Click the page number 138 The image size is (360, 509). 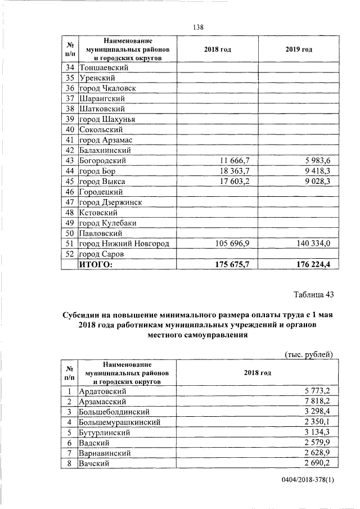(x=197, y=27)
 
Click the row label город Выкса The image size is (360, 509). (x=102, y=182)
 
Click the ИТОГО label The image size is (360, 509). (x=96, y=264)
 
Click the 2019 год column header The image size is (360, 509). (x=299, y=49)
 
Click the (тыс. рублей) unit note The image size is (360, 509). (x=309, y=354)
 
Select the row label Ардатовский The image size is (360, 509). (x=103, y=391)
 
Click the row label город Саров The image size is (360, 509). (x=101, y=254)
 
